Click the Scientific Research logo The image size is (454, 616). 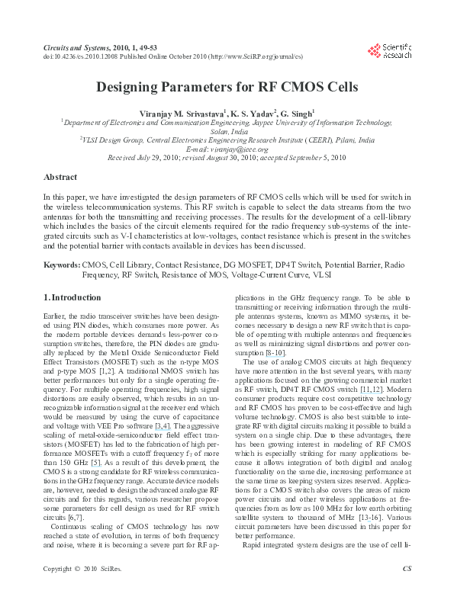389,51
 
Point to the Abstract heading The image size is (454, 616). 60,177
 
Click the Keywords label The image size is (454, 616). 62,264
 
